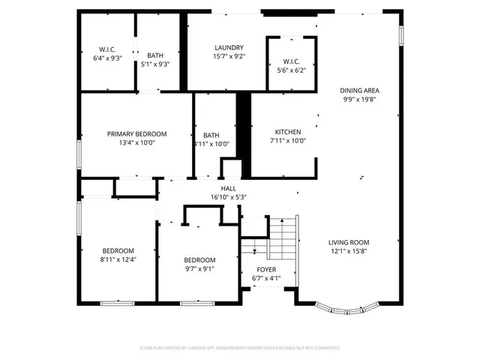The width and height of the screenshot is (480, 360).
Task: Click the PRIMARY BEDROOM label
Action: [136, 133]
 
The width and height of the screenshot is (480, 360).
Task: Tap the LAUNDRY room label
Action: [229, 46]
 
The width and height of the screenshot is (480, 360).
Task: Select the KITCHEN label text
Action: [287, 130]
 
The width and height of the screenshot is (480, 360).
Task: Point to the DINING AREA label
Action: [360, 90]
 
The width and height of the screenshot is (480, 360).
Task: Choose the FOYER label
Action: [266, 269]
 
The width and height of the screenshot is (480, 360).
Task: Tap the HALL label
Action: [228, 188]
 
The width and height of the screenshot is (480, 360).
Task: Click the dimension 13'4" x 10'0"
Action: [136, 143]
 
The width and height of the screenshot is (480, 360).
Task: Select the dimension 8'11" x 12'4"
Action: [118, 259]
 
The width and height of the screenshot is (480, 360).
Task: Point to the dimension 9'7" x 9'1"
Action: [199, 269]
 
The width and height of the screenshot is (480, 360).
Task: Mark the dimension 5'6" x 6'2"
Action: [291, 70]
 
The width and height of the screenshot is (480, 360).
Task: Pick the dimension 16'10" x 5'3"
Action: [228, 197]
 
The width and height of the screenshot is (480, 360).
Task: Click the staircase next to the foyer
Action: [283, 236]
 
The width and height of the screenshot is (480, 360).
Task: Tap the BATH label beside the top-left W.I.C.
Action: [155, 55]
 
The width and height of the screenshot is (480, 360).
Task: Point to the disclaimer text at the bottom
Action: [240, 348]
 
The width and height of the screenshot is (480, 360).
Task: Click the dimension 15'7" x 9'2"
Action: [229, 55]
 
